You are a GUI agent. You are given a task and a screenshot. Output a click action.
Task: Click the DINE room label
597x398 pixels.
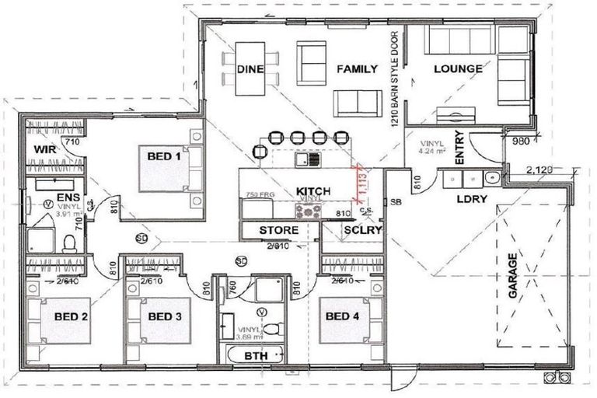[x=250, y=69]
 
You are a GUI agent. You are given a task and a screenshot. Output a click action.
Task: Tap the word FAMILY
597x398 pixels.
[x=356, y=69]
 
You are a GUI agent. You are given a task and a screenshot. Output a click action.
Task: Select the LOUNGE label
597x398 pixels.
[x=458, y=69]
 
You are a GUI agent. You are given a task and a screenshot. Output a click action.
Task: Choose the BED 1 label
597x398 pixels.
[x=164, y=156]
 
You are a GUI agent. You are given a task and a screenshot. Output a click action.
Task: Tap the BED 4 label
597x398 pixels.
[x=343, y=316]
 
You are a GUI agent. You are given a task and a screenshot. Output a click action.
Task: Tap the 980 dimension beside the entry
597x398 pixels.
[x=521, y=141]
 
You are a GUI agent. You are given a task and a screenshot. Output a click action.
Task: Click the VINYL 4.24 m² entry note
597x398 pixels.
[x=431, y=148]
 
